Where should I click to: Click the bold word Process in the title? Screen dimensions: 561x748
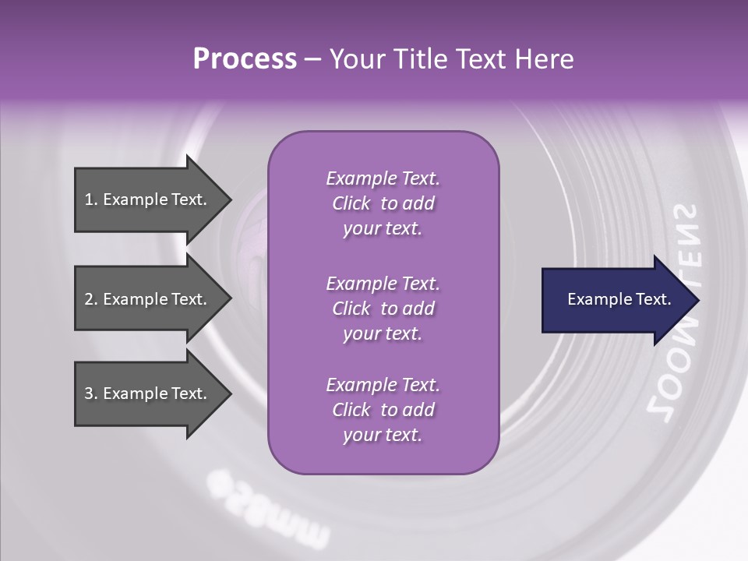[245, 59]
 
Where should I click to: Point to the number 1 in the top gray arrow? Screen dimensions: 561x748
[89, 199]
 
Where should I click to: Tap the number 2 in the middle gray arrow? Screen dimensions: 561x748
[89, 299]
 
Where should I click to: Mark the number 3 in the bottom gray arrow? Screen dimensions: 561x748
[89, 393]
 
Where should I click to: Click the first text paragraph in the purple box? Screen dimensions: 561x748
[383, 203]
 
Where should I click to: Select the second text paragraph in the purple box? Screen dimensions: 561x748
[383, 309]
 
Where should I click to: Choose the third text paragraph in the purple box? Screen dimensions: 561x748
[383, 410]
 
